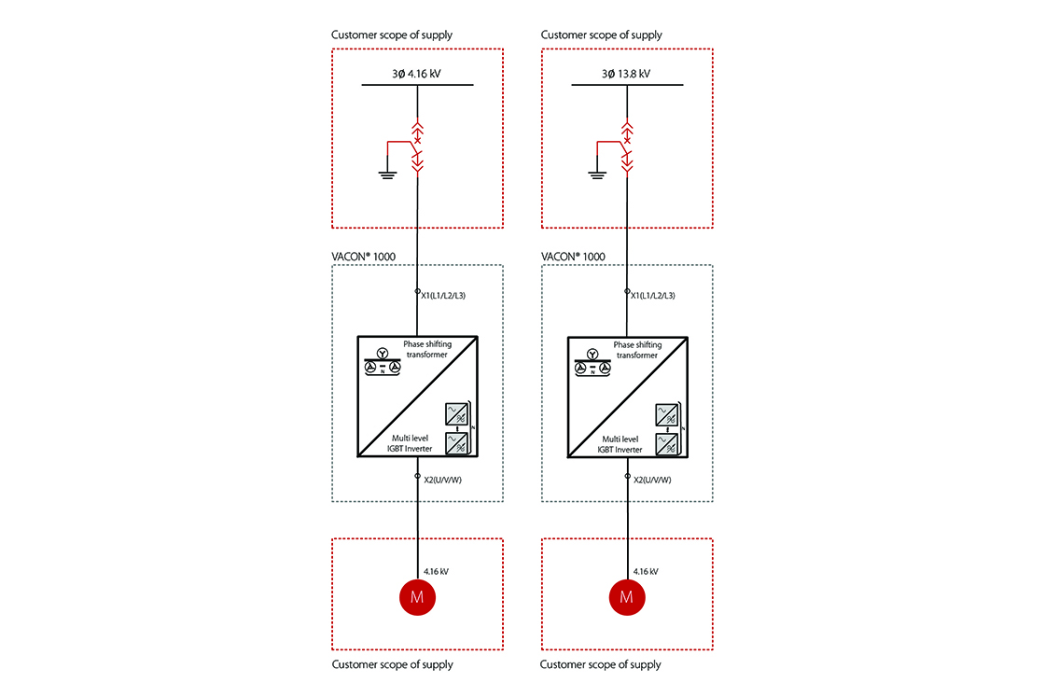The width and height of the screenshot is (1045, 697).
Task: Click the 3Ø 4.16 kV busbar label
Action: coord(417,74)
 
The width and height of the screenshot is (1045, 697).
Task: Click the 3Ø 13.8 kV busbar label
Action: coord(626,74)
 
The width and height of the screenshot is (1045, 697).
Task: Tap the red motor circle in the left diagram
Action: coord(417,597)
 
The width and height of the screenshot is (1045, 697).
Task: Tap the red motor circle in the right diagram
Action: coord(627,597)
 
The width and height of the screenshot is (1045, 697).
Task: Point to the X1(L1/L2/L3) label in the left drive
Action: coord(443,296)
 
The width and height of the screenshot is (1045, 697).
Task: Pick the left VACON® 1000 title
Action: coord(364,257)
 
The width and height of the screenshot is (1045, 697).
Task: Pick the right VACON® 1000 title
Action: coord(573,257)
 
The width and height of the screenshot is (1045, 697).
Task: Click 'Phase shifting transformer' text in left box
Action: coord(427,350)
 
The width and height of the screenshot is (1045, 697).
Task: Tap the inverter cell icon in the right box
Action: coord(667,429)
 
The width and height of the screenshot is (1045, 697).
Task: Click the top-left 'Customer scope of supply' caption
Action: coord(392,35)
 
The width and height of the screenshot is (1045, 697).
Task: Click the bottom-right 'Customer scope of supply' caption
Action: coord(601,665)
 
